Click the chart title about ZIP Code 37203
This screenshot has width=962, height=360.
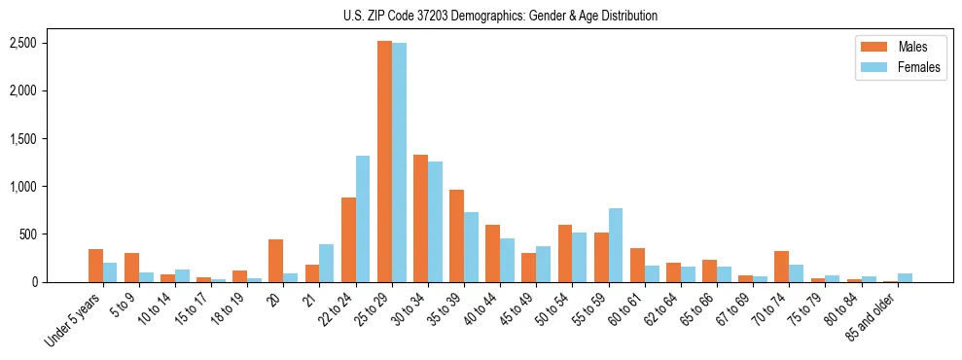[500, 16]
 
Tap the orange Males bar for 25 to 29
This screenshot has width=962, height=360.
[384, 162]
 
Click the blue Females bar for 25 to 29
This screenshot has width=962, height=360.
[399, 162]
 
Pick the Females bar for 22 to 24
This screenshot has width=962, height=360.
[363, 219]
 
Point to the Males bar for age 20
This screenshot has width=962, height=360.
[275, 261]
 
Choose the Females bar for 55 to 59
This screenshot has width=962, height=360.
[615, 245]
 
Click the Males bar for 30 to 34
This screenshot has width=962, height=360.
[420, 218]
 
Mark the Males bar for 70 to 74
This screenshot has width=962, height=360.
[781, 267]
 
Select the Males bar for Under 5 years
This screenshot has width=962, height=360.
[95, 266]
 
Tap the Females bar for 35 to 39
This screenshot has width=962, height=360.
[471, 247]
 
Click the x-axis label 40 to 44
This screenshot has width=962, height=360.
[484, 310]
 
